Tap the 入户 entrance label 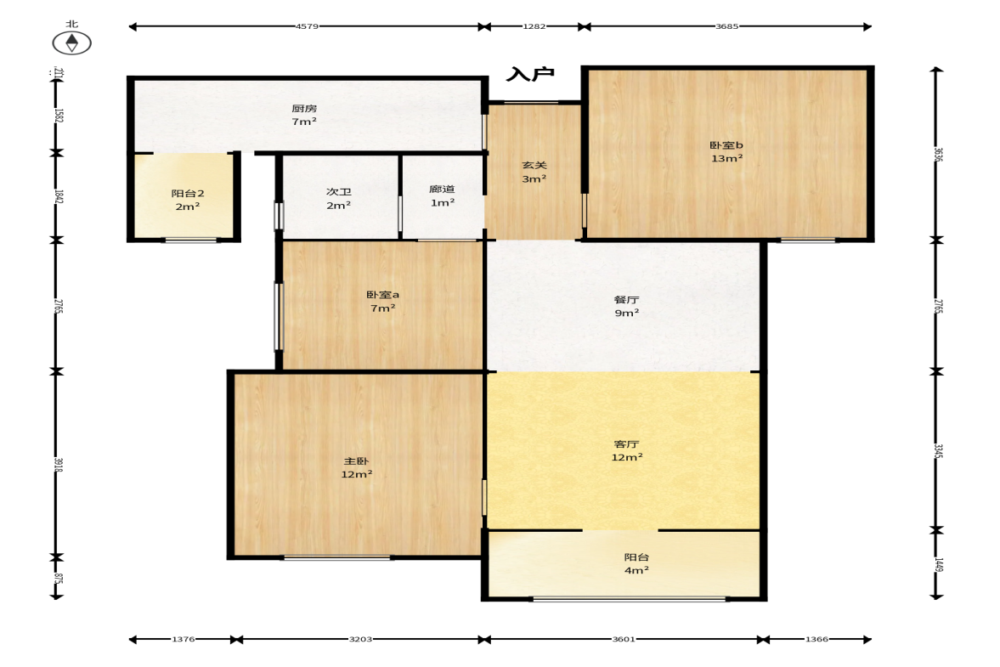(x=530, y=74)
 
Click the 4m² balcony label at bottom (x=636, y=570)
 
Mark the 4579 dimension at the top (x=307, y=26)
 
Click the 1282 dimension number (x=534, y=26)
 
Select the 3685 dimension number (x=726, y=26)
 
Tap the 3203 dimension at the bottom (x=360, y=639)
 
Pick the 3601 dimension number (x=623, y=639)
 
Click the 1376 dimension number (x=183, y=639)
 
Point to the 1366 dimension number (x=816, y=639)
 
